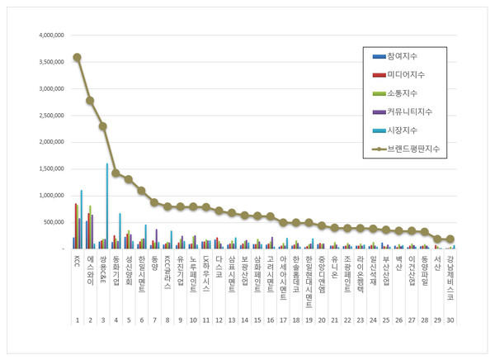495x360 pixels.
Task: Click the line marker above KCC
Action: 77,57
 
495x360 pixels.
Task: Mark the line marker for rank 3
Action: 103,126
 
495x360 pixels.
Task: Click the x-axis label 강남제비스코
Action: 450,276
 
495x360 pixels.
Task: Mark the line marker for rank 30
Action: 450,239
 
